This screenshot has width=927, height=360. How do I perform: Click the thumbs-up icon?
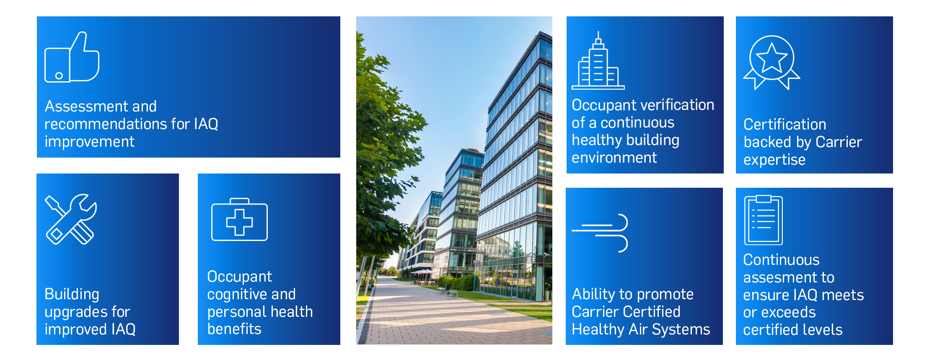(72, 57)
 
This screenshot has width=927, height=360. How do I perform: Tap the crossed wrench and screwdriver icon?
(71, 219)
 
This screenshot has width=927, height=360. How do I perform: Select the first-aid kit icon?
(239, 220)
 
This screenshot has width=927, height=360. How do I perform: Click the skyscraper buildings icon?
(598, 60)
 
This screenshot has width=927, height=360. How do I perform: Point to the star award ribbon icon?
(772, 62)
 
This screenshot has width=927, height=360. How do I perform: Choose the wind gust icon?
(600, 233)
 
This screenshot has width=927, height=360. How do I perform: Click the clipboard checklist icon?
(763, 220)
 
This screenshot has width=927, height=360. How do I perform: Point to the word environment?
(614, 158)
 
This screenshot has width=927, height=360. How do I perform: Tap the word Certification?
(785, 124)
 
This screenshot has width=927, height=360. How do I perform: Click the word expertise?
(774, 160)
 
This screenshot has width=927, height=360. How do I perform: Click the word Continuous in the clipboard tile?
(781, 260)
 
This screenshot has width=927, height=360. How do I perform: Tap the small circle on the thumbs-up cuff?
(59, 76)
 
